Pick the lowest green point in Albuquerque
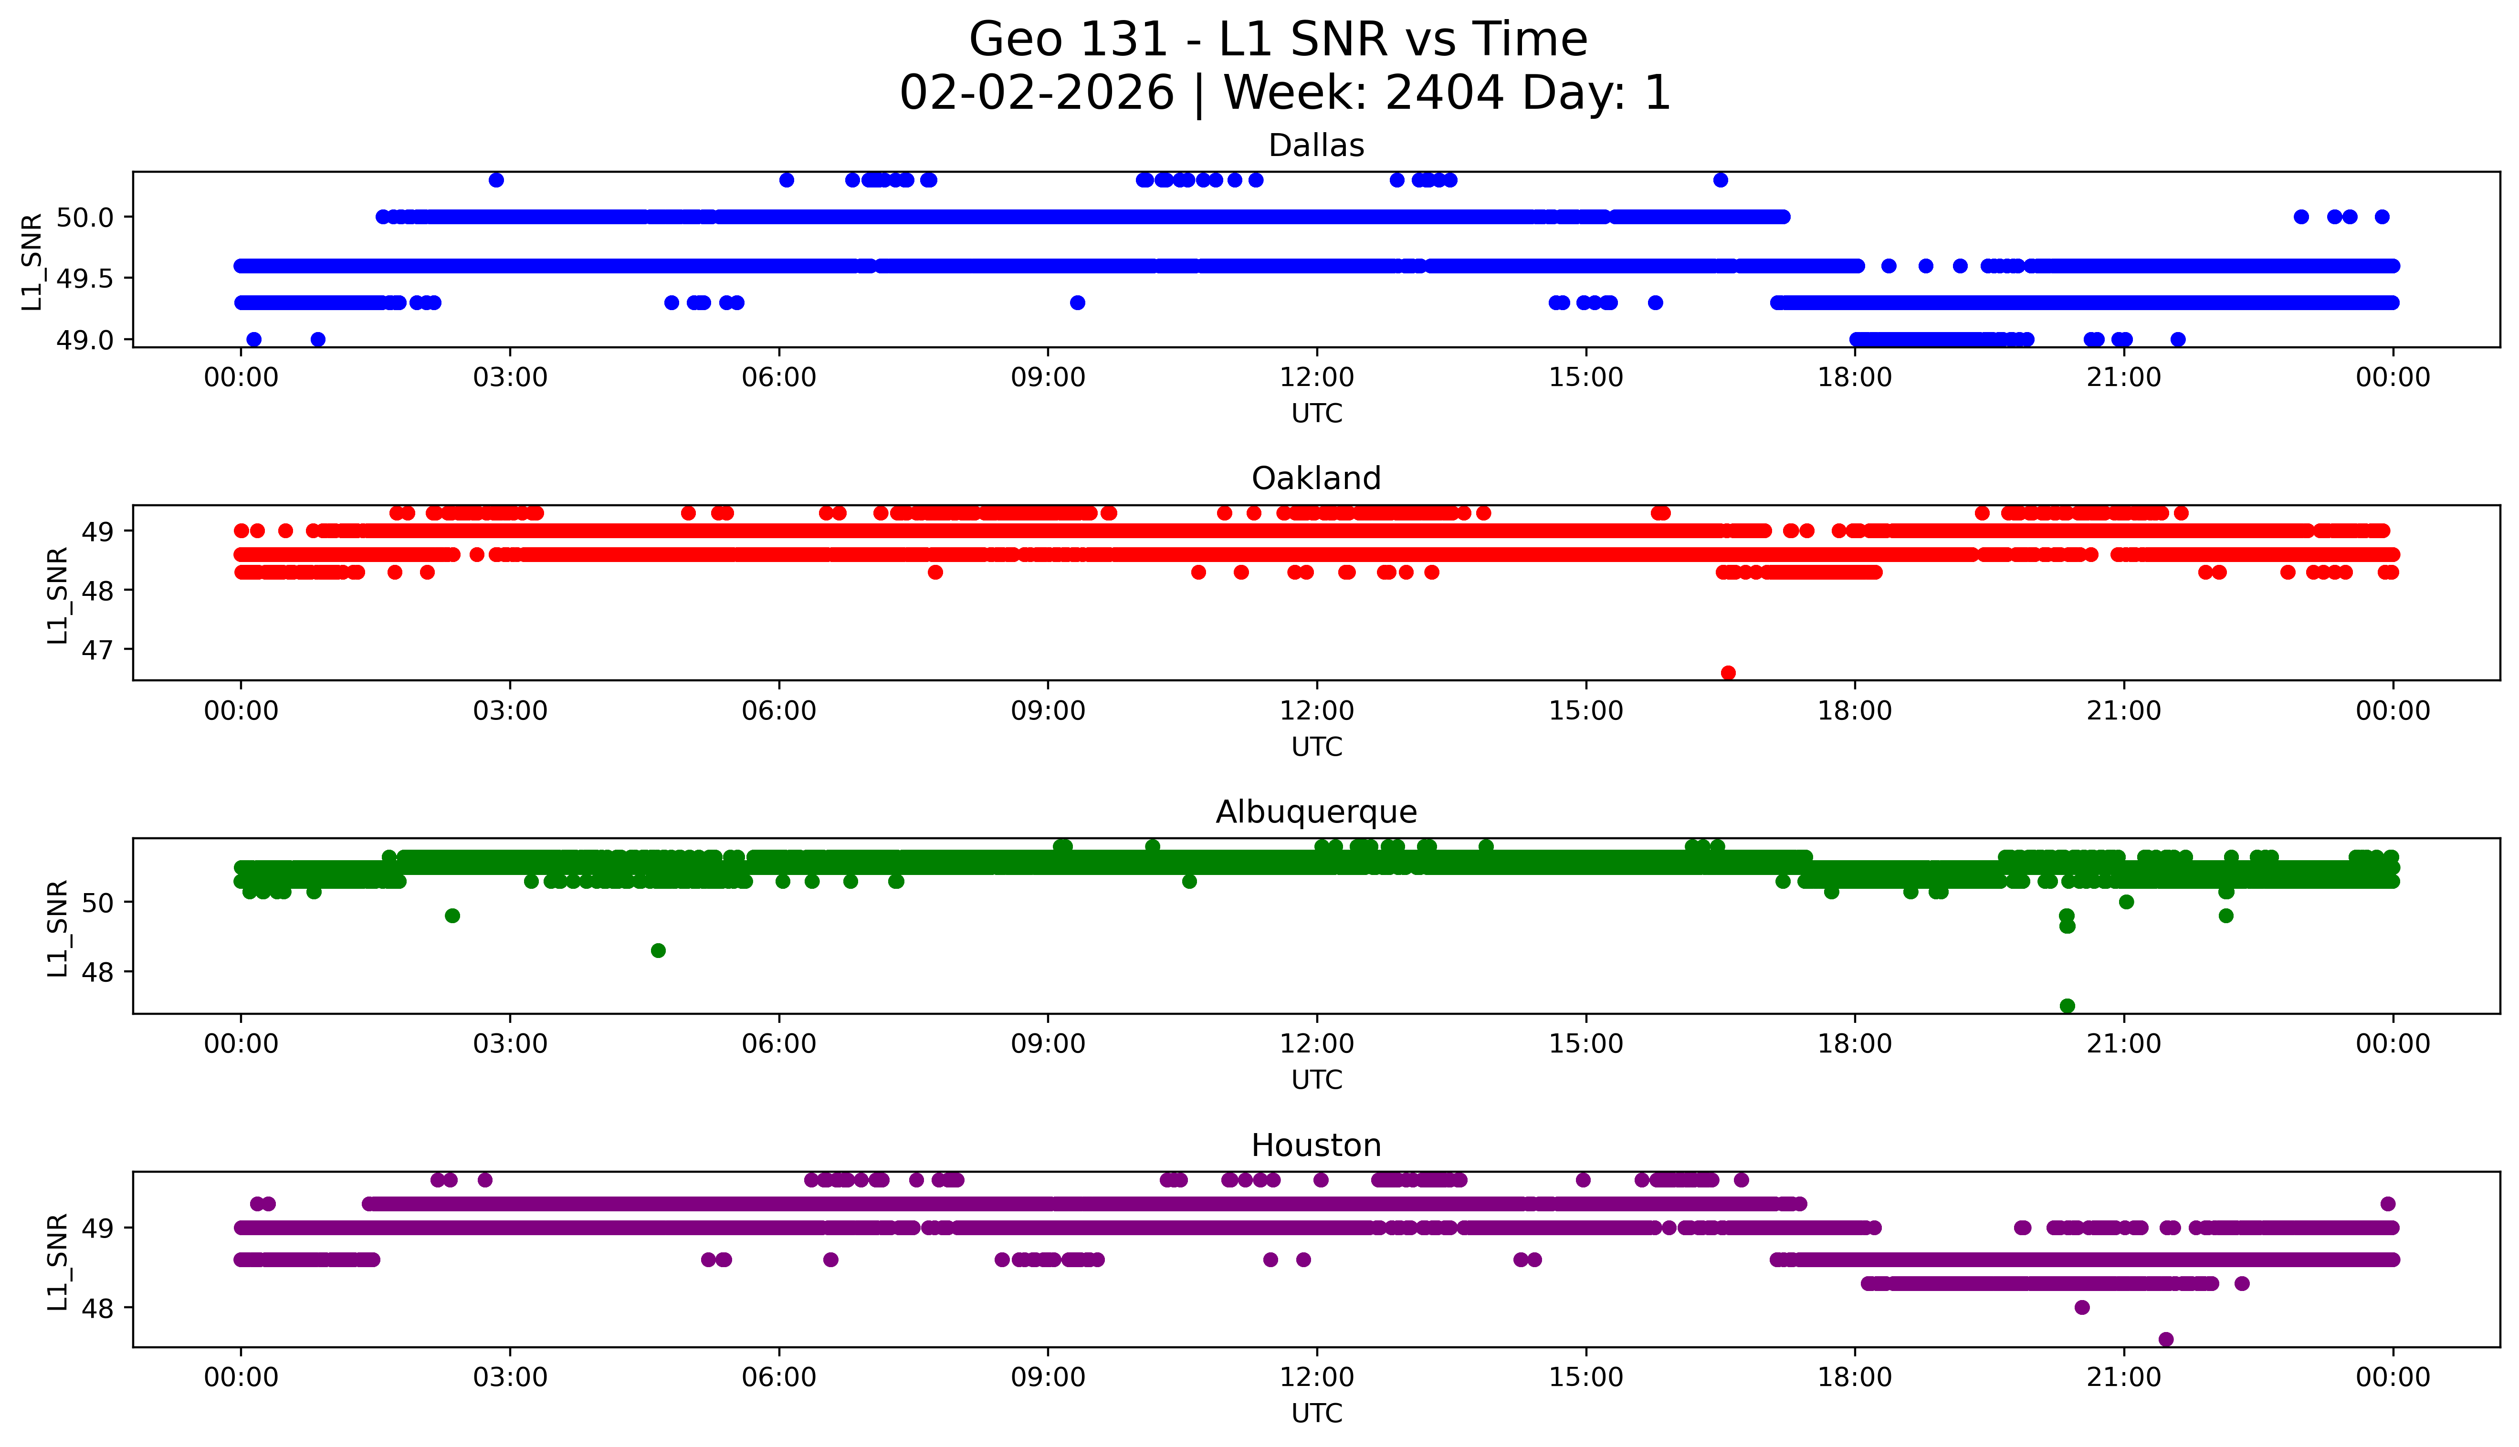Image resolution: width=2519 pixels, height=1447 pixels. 2067,1006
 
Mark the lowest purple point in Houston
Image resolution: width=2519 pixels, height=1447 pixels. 2166,1339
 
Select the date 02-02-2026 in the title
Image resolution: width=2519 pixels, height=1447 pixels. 1037,94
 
